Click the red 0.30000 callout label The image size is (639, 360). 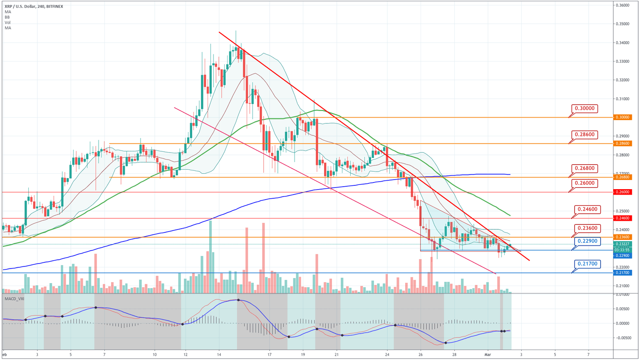[x=585, y=108]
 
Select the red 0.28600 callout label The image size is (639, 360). [x=585, y=135]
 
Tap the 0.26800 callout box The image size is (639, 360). [x=585, y=168]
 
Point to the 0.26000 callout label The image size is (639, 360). [x=585, y=183]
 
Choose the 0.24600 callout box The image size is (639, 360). [x=588, y=209]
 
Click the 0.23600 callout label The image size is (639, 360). [x=588, y=228]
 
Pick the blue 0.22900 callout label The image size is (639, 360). [x=588, y=241]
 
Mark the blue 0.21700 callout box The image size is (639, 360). [x=588, y=264]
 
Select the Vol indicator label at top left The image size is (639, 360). [x=7, y=22]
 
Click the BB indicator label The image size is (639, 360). [x=7, y=17]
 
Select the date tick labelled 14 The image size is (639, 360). [x=219, y=355]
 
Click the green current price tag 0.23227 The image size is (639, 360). [x=622, y=244]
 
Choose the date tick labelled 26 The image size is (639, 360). [x=421, y=355]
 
